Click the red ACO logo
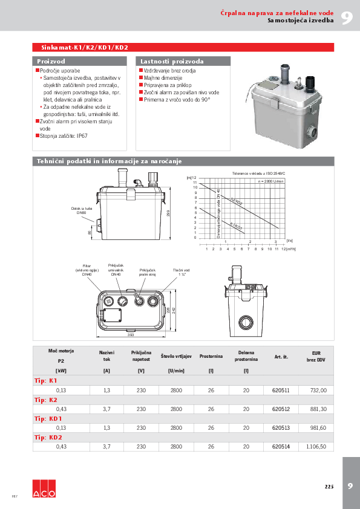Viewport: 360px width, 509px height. tap(44, 489)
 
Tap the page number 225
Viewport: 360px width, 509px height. tap(329, 486)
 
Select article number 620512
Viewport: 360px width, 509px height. tap(281, 409)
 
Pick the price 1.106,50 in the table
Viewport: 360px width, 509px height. tap(316, 446)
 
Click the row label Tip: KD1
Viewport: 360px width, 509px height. tap(48, 418)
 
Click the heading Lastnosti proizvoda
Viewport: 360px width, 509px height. tap(172, 62)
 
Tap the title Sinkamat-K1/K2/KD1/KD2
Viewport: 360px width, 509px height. tap(84, 47)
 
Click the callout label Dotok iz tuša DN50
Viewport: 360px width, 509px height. tap(80, 210)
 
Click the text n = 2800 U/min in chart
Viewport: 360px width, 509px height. tap(270, 181)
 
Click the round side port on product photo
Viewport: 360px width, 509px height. tap(313, 130)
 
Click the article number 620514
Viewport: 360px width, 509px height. tap(281, 446)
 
